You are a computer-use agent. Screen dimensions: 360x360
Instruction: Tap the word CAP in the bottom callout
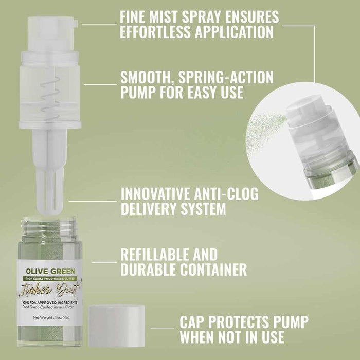(194, 322)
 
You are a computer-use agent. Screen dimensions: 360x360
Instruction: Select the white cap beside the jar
(117, 326)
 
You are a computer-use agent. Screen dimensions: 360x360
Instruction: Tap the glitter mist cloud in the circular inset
(265, 131)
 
